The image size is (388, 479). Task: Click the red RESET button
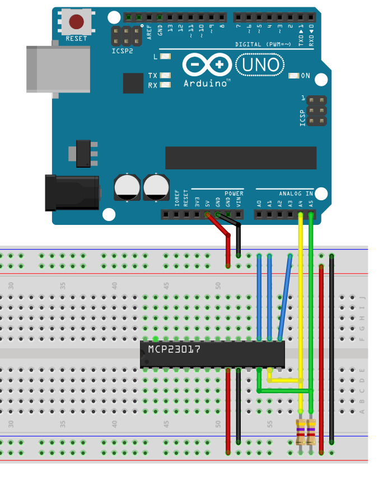point(76,22)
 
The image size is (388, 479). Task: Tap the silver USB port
point(58,69)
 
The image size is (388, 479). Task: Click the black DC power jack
point(72,192)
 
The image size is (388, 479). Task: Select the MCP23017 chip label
point(174,349)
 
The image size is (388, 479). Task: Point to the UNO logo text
point(259,65)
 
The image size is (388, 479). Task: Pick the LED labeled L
point(165,57)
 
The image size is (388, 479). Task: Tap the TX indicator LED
point(165,76)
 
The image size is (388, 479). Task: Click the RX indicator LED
point(165,85)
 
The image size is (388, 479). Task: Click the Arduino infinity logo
point(207,65)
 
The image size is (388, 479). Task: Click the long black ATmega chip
point(240,158)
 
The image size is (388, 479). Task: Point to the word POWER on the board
point(234,194)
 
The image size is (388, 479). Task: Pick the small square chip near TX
point(133,83)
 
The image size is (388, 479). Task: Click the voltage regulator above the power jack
point(83,153)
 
